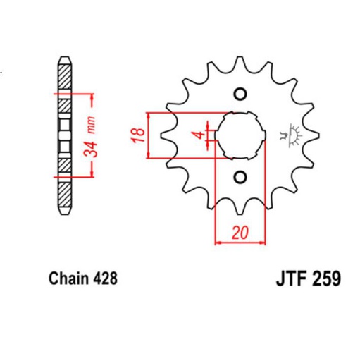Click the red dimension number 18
(x=139, y=134)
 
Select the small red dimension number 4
(x=200, y=134)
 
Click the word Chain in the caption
(x=67, y=278)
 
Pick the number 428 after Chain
(x=103, y=278)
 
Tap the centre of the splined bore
(x=239, y=135)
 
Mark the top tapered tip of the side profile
(x=64, y=58)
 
